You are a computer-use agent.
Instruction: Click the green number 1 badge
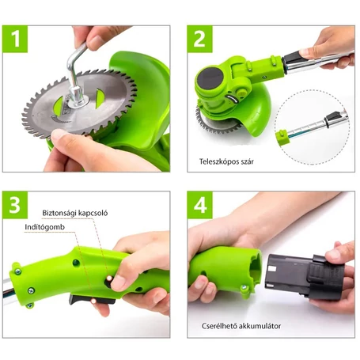pyautogui.click(x=15, y=39)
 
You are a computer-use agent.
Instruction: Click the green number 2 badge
pyautogui.click(x=200, y=39)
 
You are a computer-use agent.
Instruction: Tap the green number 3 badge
pyautogui.click(x=15, y=205)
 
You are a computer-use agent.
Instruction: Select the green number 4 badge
pyautogui.click(x=200, y=205)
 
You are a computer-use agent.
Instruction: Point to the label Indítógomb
pyautogui.click(x=44, y=227)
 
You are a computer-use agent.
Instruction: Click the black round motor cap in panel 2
pyautogui.click(x=210, y=78)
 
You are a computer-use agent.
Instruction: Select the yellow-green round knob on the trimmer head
pyautogui.click(x=241, y=92)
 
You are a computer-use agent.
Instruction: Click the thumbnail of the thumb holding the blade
pyautogui.click(x=59, y=135)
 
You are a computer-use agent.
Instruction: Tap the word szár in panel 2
pyautogui.click(x=247, y=161)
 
